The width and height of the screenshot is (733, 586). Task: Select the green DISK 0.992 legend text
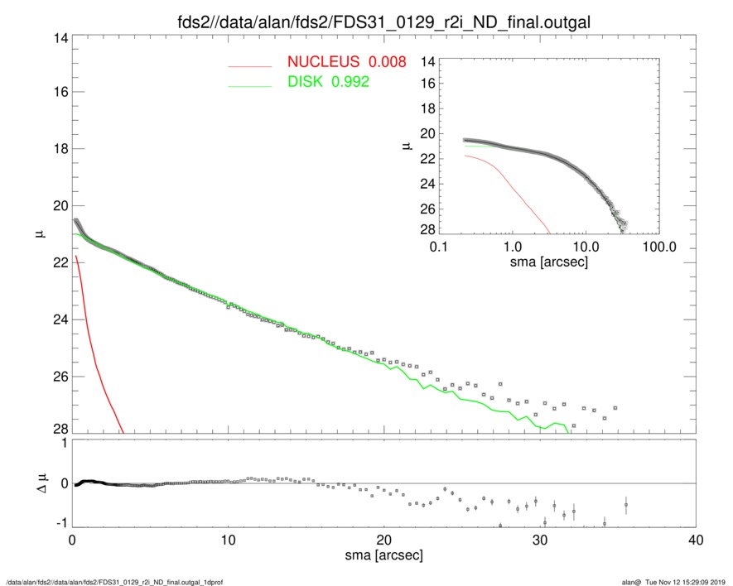click(328, 82)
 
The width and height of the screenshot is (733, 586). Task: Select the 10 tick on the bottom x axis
click(228, 540)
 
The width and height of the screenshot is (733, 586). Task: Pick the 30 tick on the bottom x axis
click(539, 540)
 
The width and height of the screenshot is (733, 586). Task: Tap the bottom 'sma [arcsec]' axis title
click(383, 556)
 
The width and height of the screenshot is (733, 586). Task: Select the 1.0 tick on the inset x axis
click(512, 247)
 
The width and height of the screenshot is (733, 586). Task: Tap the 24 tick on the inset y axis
click(428, 185)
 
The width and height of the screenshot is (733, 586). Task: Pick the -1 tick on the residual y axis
click(59, 525)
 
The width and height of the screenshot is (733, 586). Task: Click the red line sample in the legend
click(250, 65)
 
